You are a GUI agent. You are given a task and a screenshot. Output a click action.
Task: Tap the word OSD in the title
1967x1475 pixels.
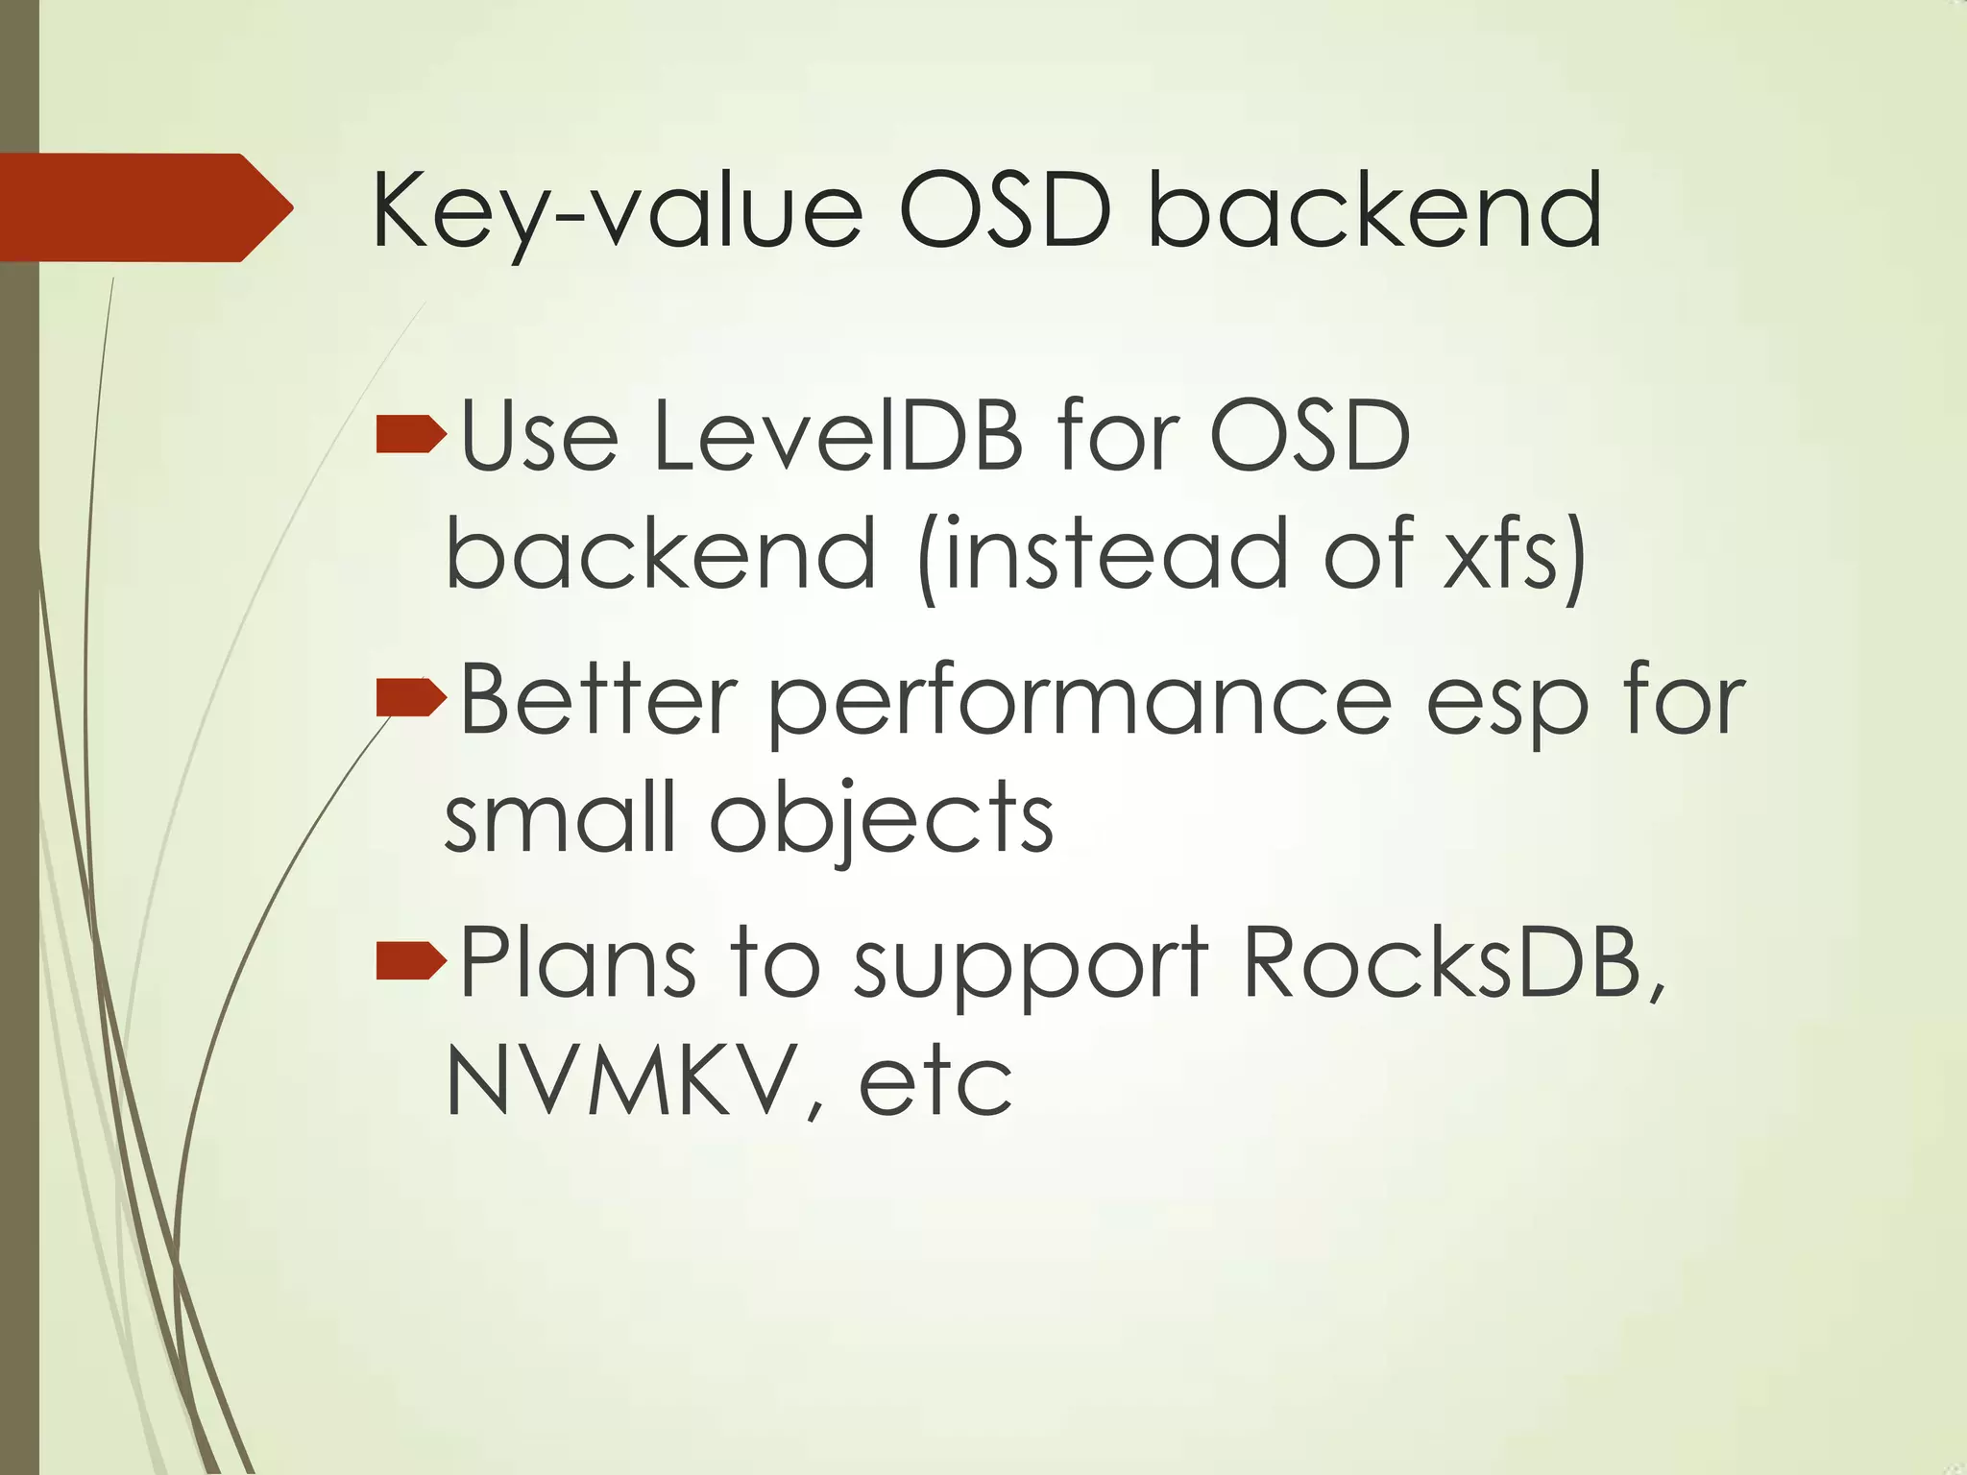(x=1005, y=211)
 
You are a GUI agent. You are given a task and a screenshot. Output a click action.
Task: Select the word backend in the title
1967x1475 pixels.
(x=1373, y=211)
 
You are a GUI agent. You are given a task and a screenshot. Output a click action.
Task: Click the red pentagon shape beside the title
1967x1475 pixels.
(x=144, y=207)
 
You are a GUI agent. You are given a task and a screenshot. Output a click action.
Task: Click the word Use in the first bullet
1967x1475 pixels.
(x=539, y=437)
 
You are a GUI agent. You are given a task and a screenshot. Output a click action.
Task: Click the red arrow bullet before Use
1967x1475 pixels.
(x=411, y=435)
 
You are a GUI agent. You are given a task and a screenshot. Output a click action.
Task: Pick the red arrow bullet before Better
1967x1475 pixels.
(x=411, y=697)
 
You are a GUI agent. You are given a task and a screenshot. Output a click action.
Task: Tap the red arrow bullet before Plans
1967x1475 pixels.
(x=411, y=960)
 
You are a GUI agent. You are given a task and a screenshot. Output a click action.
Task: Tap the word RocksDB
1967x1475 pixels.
(x=1450, y=962)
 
